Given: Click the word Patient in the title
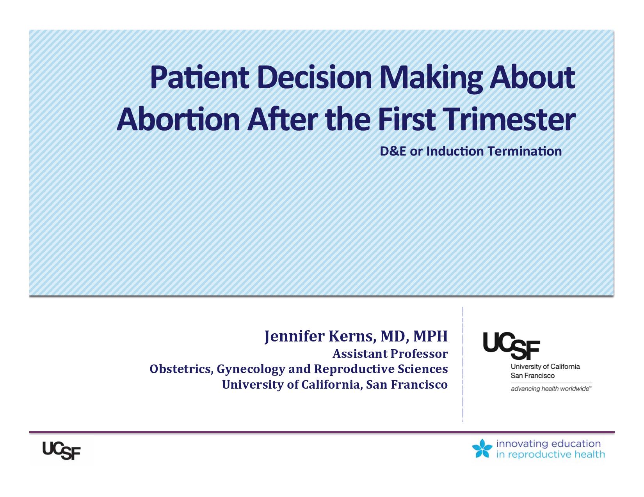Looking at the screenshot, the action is point(199,77).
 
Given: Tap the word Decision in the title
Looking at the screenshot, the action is point(315,77).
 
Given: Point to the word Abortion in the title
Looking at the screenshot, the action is point(178,119).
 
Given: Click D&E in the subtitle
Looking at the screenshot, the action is point(393,151).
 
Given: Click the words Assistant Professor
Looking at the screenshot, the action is point(390,354).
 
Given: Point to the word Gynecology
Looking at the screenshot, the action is point(251,370).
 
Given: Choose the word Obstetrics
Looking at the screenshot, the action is point(181,369).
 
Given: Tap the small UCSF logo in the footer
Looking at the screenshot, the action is point(61,451).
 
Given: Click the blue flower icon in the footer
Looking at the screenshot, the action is point(482,448).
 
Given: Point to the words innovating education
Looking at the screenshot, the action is point(548,444).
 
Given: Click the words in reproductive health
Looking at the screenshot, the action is point(550,455).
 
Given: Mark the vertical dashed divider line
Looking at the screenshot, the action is point(463,364).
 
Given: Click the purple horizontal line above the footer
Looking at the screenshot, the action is point(322,432).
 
